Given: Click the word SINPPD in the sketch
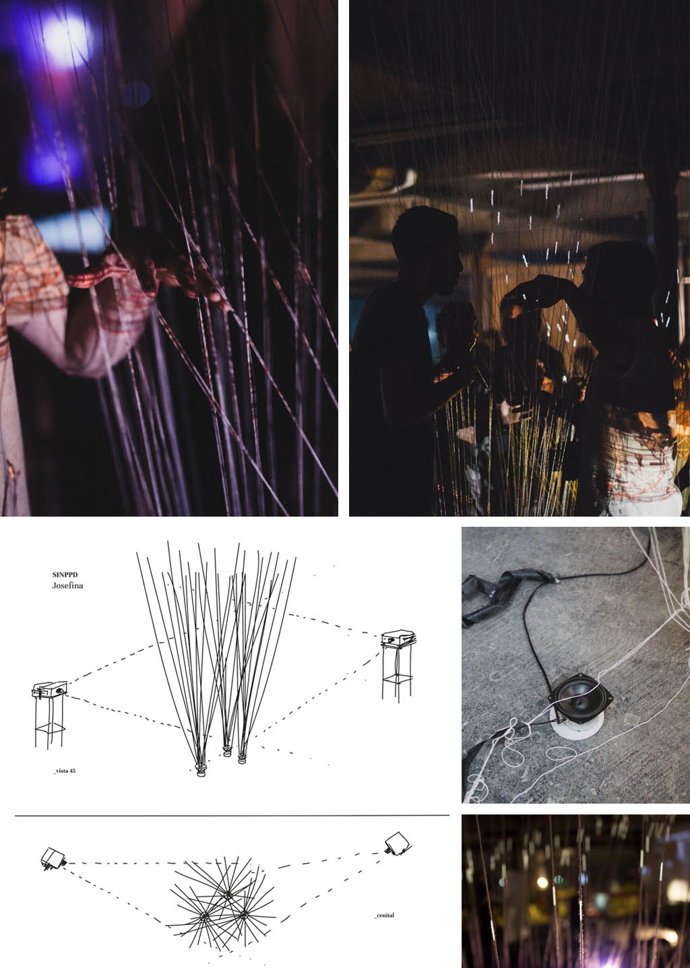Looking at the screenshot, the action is [x=65, y=575].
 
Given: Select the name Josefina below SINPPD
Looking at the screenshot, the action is [x=67, y=585].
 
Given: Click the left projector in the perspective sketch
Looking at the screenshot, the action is [x=50, y=689].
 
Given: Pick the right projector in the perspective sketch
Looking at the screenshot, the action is [x=398, y=639].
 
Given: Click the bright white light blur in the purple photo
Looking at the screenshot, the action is [x=71, y=40].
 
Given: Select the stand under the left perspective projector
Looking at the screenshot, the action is [x=49, y=721].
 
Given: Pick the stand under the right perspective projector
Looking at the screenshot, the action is [x=397, y=672].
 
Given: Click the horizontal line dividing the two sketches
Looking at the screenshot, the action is [x=232, y=816].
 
